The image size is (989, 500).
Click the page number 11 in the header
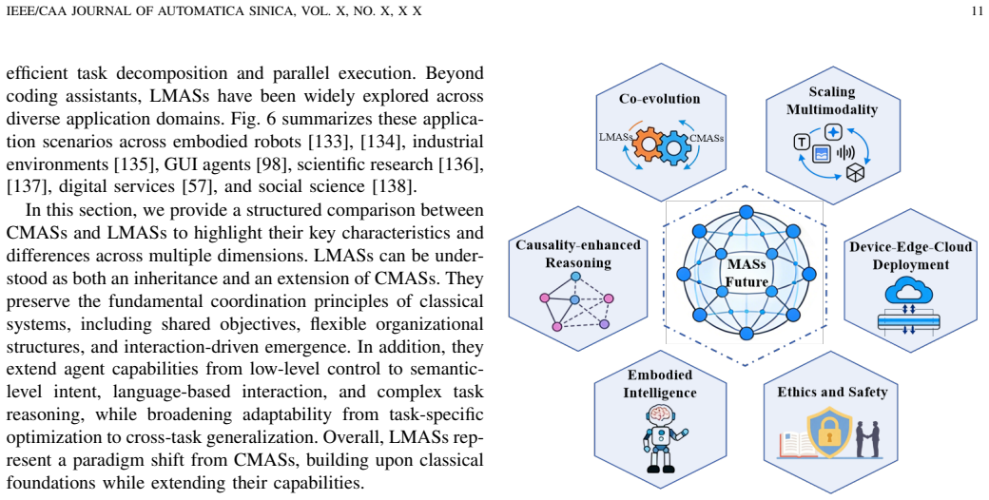click(977, 11)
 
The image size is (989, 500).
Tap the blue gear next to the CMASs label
click(674, 147)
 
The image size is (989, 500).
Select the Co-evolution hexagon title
click(659, 98)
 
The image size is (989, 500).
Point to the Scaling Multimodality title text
click(832, 100)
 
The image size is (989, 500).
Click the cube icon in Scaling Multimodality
click(855, 171)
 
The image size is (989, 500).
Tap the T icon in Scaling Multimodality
click(801, 143)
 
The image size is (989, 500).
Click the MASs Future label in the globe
click(747, 273)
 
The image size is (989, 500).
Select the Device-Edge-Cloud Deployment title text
click(910, 255)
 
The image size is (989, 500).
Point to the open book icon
click(797, 445)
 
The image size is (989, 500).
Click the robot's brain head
click(660, 414)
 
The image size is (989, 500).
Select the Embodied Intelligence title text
click(660, 383)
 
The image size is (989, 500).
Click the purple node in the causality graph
click(604, 324)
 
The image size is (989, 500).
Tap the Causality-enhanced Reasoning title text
click(578, 253)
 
